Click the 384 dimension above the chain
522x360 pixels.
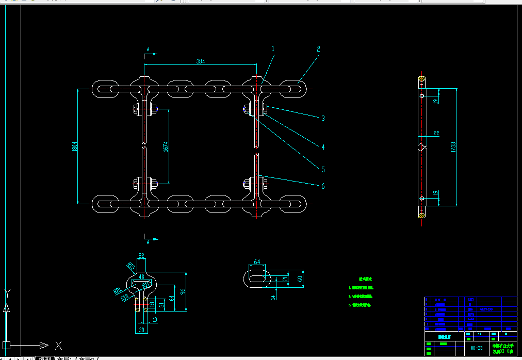(201, 61)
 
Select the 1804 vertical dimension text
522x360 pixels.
(75, 146)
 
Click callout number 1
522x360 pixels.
(273, 49)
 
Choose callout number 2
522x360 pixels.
(318, 49)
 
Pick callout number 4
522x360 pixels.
(323, 148)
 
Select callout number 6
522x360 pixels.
(323, 186)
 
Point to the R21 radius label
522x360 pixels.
(117, 291)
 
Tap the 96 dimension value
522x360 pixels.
(182, 291)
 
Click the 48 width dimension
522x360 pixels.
(142, 276)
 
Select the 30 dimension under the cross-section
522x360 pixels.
(141, 329)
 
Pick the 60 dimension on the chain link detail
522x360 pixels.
(300, 279)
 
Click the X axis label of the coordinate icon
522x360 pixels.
(58, 345)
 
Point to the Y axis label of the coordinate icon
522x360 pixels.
(7, 294)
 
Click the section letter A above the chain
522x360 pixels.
(148, 50)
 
